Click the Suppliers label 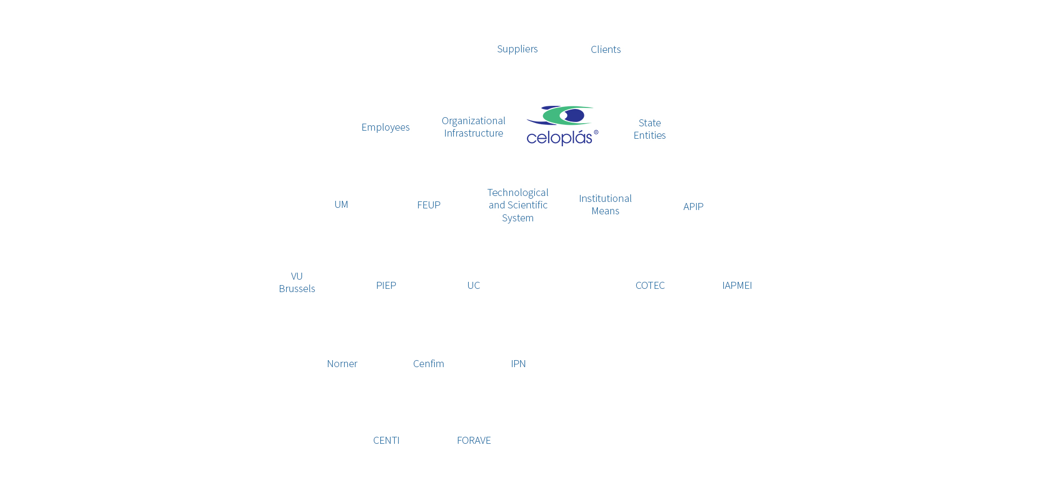pos(517,49)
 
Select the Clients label pos(605,50)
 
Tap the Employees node pos(386,127)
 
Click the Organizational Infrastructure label pos(474,127)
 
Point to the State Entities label pos(650,129)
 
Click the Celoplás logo pos(562,126)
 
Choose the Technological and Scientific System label pos(518,205)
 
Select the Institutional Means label pos(605,205)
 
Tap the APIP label pos(693,207)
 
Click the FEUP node pos(429,205)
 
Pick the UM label pos(341,205)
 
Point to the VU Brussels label pos(297,282)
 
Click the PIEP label pos(386,286)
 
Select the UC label pos(474,286)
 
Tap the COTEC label pos(650,286)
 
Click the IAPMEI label pos(737,286)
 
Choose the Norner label pos(342,364)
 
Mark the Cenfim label pos(429,364)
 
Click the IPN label pos(518,364)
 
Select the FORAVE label pos(474,441)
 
